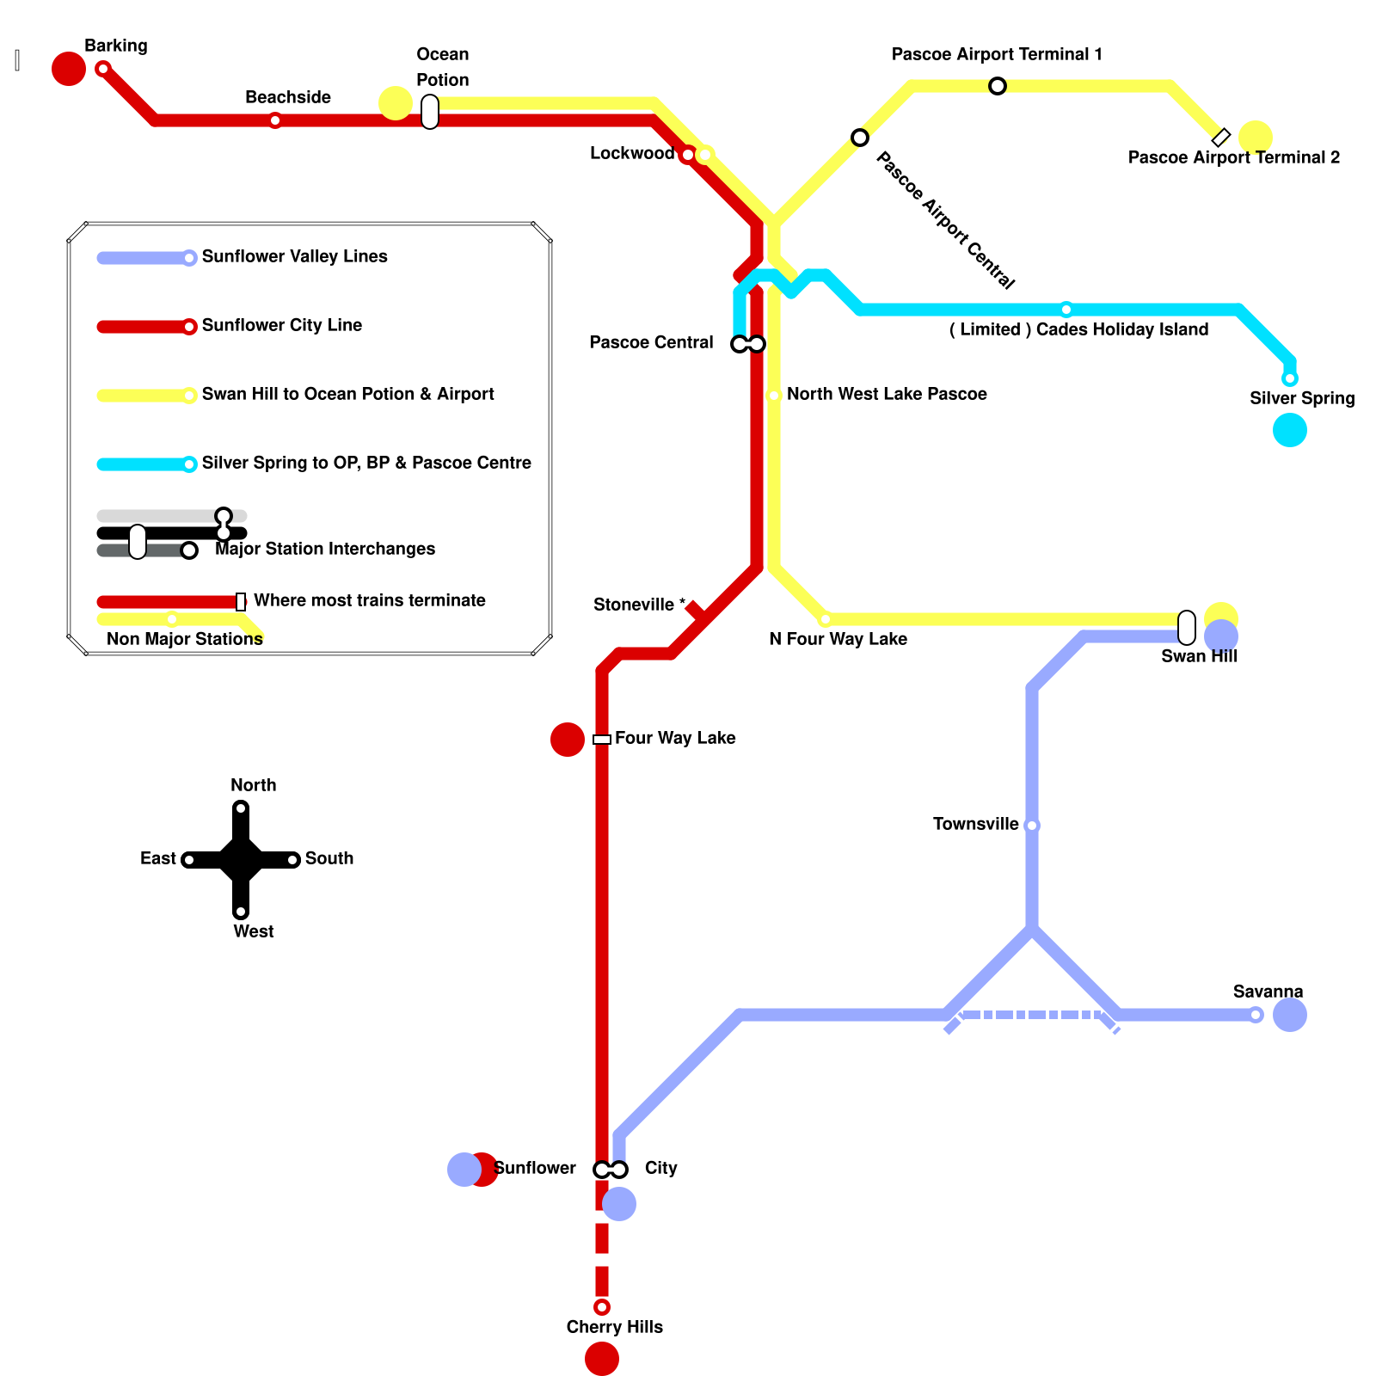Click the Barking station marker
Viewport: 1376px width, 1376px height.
pyautogui.click(x=103, y=69)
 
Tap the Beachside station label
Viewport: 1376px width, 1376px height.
pyautogui.click(x=287, y=97)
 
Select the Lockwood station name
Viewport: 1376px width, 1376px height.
pyautogui.click(x=631, y=154)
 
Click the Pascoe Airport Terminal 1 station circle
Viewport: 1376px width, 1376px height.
pyautogui.click(x=998, y=86)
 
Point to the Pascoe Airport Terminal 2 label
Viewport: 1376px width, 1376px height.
pyautogui.click(x=1233, y=157)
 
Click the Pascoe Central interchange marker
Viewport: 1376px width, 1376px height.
pyautogui.click(x=748, y=344)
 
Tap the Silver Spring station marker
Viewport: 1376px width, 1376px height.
pyautogui.click(x=1289, y=378)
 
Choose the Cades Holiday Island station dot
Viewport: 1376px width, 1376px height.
pyautogui.click(x=1066, y=310)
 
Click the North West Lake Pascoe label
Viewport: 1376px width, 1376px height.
pyautogui.click(x=886, y=394)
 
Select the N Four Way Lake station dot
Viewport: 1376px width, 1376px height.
pyautogui.click(x=826, y=619)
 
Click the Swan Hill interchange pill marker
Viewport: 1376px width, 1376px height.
pyautogui.click(x=1187, y=628)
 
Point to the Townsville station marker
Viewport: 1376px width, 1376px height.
pyautogui.click(x=1032, y=826)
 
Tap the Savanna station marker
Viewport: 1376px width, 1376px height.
pyautogui.click(x=1256, y=1015)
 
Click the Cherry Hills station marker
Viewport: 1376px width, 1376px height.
pyautogui.click(x=602, y=1307)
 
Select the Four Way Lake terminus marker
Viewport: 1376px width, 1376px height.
pyautogui.click(x=602, y=740)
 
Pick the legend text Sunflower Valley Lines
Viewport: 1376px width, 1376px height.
pyautogui.click(x=294, y=256)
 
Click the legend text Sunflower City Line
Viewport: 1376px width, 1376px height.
pyautogui.click(x=281, y=325)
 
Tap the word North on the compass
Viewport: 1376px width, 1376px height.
pyautogui.click(x=253, y=785)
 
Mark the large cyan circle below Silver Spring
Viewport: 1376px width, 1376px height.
pyautogui.click(x=1290, y=430)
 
